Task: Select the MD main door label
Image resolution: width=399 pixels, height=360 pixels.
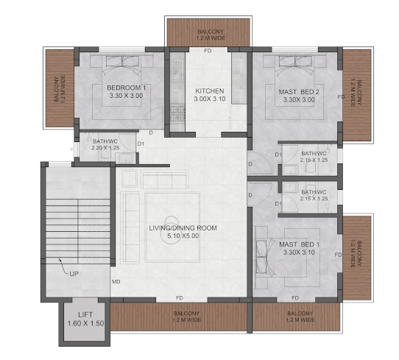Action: click(116, 282)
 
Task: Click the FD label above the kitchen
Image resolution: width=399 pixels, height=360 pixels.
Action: click(208, 51)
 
